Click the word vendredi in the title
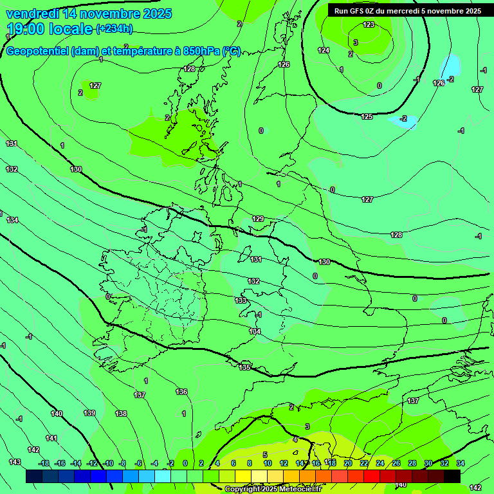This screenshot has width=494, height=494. pyautogui.click(x=33, y=14)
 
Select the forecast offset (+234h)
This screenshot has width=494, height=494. pyautogui.click(x=114, y=28)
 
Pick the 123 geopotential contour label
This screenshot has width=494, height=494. pyautogui.click(x=369, y=24)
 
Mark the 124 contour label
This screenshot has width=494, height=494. pyautogui.click(x=324, y=50)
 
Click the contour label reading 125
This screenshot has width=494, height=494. pyautogui.click(x=367, y=116)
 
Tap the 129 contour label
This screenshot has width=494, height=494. pyautogui.click(x=258, y=219)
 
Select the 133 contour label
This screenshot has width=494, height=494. pyautogui.click(x=241, y=300)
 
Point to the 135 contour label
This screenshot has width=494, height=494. pyautogui.click(x=244, y=367)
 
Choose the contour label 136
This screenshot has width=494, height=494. pyautogui.click(x=181, y=392)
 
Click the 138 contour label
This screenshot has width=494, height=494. pyautogui.click(x=121, y=414)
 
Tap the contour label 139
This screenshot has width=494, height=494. pyautogui.click(x=89, y=413)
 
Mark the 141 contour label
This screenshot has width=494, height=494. pyautogui.click(x=51, y=438)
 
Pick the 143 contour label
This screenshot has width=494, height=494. pyautogui.click(x=15, y=462)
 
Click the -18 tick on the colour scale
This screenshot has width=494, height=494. pyautogui.click(x=44, y=463)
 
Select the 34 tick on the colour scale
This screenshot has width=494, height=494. pyautogui.click(x=460, y=463)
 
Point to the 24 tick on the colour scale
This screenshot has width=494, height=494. pyautogui.click(x=380, y=463)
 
